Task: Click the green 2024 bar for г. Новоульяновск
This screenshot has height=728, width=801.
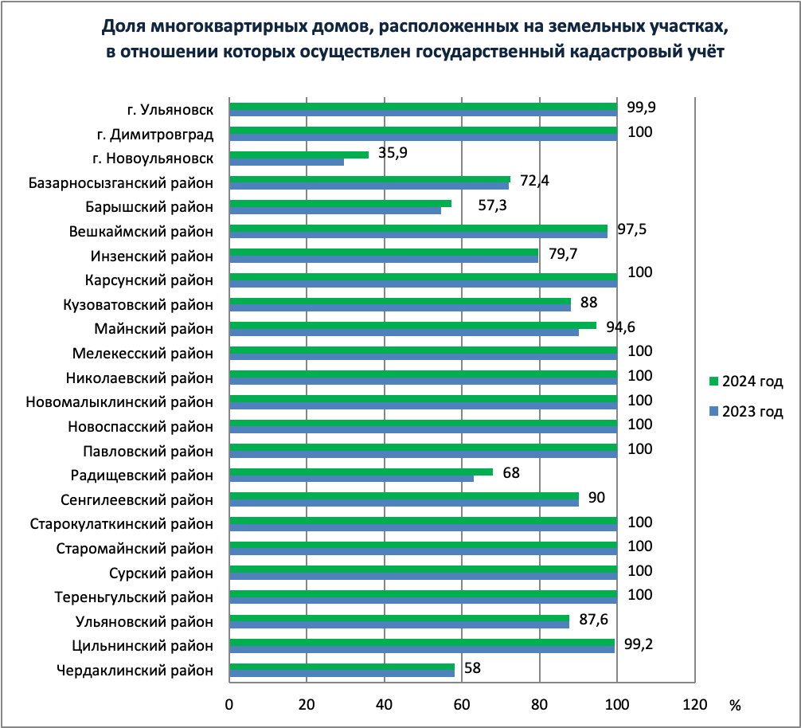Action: (299, 155)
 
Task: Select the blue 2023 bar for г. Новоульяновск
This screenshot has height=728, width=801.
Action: (287, 162)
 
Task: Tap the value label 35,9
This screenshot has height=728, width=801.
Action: (393, 153)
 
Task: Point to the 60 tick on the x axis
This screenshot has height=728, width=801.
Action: (462, 704)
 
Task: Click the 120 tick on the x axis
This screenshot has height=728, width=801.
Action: (694, 704)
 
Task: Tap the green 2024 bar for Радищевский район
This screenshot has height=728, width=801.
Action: (361, 472)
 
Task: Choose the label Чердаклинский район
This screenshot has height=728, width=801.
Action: (135, 670)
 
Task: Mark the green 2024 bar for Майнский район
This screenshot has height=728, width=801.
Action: (412, 325)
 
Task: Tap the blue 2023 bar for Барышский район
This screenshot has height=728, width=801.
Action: (335, 211)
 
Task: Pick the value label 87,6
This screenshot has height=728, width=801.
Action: (593, 620)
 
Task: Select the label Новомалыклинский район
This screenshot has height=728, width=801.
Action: (120, 401)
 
